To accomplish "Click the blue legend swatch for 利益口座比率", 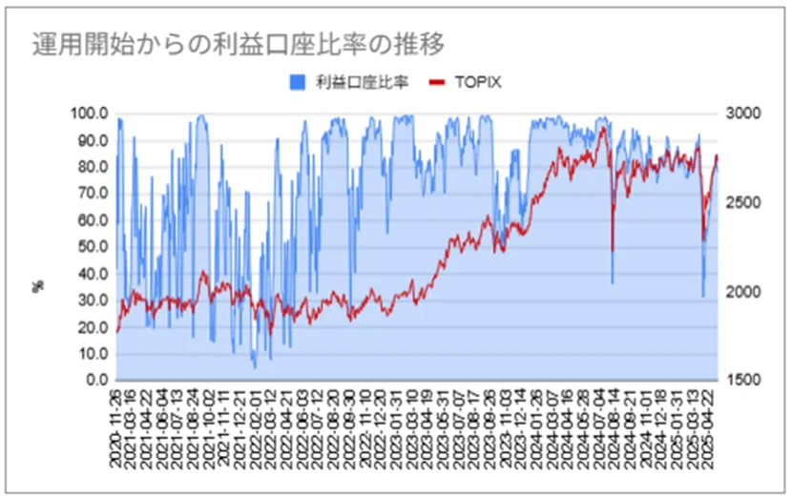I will (297, 83).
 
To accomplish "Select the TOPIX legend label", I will (481, 83).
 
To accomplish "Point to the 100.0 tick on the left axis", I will (91, 114).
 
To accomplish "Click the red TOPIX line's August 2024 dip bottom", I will (612, 250).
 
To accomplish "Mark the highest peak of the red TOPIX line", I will (602, 127).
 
